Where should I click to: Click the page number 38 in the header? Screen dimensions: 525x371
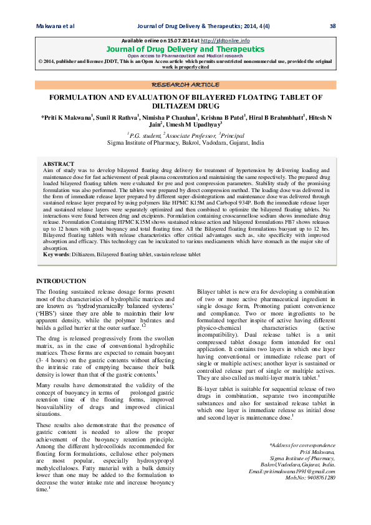point(332,26)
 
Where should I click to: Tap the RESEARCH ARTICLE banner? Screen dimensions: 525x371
point(185,84)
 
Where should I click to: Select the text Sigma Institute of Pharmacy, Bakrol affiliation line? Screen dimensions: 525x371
point(185,143)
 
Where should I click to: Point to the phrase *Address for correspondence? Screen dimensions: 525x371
point(302,446)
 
